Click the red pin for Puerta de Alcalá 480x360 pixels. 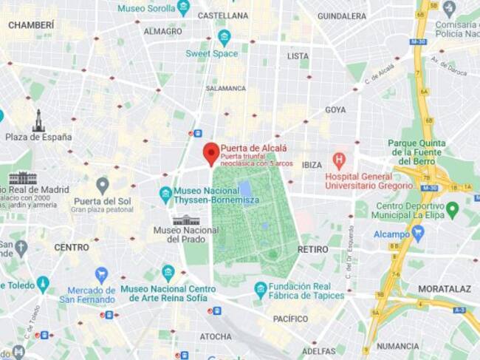click(211, 153)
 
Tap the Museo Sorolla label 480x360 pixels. click(147, 8)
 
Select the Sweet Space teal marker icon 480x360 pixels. click(224, 37)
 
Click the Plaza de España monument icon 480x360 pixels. click(38, 120)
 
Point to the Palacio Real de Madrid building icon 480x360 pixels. click(23, 178)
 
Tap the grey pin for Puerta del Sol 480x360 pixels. click(103, 185)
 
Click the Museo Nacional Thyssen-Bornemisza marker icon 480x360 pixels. click(165, 194)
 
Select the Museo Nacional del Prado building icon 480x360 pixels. click(186, 220)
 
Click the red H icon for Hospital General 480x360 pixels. click(339, 160)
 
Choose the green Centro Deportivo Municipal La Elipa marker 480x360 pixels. click(452, 210)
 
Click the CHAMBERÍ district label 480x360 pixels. click(31, 25)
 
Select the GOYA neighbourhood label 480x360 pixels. click(335, 110)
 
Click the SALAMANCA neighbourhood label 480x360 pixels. click(225, 88)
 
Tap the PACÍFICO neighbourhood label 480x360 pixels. click(290, 319)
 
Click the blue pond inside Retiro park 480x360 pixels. click(244, 189)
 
